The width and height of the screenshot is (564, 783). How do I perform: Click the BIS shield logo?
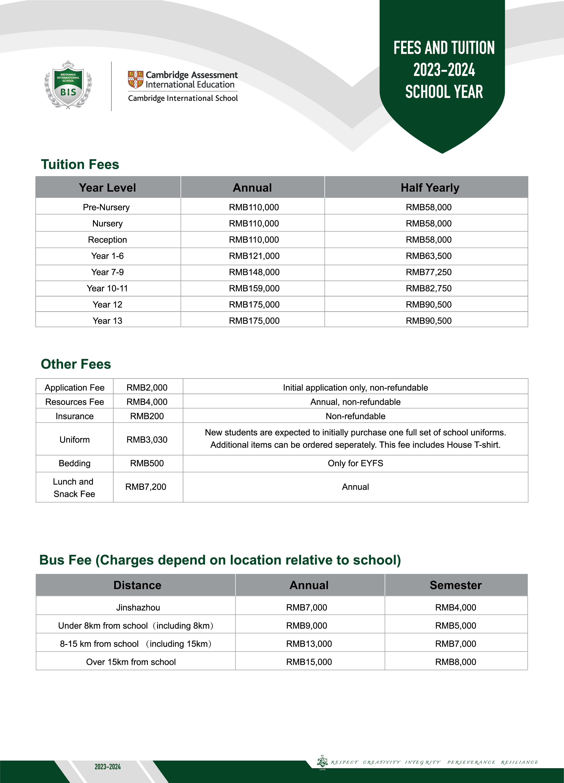(68, 85)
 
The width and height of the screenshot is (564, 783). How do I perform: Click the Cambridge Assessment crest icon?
(135, 80)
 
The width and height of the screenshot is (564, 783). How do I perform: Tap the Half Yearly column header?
(430, 187)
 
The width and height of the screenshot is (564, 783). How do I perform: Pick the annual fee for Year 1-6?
(254, 256)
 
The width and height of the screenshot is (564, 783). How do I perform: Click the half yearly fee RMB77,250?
(428, 272)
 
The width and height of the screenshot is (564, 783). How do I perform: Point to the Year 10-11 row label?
(107, 288)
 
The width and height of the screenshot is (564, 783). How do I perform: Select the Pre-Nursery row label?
(106, 207)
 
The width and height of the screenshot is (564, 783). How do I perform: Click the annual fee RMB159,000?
(254, 288)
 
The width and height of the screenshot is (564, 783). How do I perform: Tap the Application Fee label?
(75, 388)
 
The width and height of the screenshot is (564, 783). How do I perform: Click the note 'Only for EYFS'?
(355, 463)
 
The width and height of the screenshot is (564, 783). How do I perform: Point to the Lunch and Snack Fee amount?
(146, 487)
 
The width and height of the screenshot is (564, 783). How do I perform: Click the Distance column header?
(137, 585)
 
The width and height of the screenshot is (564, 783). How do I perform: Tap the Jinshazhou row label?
(138, 607)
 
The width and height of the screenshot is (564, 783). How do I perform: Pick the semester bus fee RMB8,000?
(456, 662)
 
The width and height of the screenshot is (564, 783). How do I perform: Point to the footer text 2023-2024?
(108, 767)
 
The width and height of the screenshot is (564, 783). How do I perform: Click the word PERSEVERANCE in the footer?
(471, 762)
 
